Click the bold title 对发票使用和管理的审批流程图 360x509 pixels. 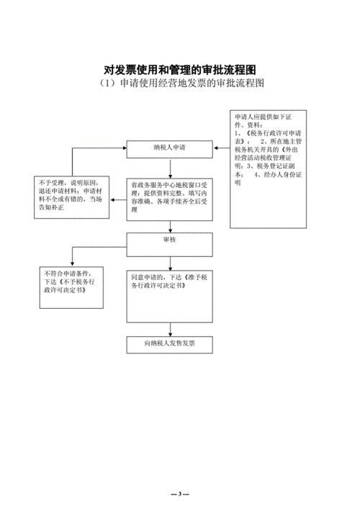(x=180, y=70)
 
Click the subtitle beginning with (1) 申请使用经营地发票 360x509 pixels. (x=180, y=84)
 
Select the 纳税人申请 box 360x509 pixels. (x=170, y=149)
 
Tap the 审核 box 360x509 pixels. (x=170, y=241)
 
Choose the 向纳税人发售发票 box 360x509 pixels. (x=170, y=345)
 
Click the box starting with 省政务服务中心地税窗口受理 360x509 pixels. (x=170, y=195)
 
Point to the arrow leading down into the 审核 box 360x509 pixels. (x=170, y=222)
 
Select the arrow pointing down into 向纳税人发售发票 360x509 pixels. (x=170, y=328)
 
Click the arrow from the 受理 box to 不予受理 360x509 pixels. (x=118, y=195)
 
